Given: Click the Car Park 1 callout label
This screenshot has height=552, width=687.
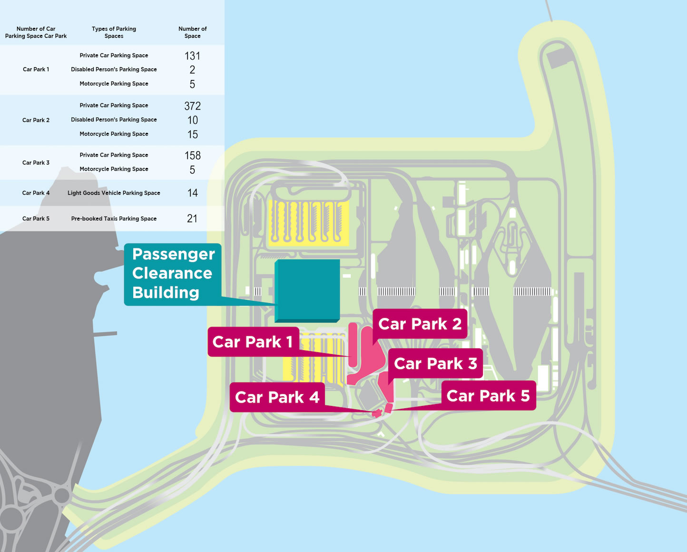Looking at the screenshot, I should click(x=253, y=342).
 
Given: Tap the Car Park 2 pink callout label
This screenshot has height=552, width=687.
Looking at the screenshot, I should click(x=420, y=324).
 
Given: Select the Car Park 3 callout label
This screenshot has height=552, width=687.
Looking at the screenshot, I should click(x=435, y=364).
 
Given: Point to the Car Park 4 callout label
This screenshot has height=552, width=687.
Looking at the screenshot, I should click(x=277, y=397).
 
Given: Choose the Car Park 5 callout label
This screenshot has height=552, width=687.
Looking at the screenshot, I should click(x=488, y=395).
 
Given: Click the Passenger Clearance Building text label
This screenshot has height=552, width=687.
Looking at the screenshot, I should click(x=173, y=274).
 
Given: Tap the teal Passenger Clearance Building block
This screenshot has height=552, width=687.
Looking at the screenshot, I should click(x=307, y=289).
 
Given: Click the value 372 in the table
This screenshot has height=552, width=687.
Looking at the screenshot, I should click(x=192, y=106).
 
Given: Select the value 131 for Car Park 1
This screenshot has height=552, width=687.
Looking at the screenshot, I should click(x=192, y=56).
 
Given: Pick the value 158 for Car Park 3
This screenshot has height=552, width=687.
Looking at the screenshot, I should click(x=192, y=155).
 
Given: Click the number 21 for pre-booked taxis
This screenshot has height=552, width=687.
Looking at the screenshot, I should click(x=192, y=218).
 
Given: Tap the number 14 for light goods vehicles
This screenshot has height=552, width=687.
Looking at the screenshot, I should click(x=192, y=193).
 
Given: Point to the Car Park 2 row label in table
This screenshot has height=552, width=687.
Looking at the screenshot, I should click(x=36, y=120).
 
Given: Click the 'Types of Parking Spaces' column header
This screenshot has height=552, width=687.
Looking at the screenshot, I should click(x=114, y=32).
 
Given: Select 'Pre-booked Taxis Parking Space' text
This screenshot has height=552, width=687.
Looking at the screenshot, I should click(x=114, y=218).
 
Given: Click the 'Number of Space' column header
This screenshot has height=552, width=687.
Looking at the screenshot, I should click(x=192, y=32).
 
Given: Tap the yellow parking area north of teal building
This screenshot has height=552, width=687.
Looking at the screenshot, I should click(x=308, y=223).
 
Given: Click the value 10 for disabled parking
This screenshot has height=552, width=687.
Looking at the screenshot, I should click(x=192, y=120).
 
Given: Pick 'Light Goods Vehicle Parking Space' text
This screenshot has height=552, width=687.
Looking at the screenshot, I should click(x=114, y=193).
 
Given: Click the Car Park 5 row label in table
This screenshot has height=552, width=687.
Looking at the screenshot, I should click(x=36, y=218).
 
